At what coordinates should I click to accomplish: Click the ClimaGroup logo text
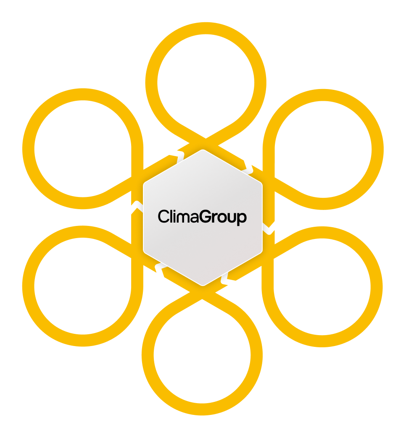202,217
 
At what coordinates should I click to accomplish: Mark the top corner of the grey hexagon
203,150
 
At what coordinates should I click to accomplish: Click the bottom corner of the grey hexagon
203,285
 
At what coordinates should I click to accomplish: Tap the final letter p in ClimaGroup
242,218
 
